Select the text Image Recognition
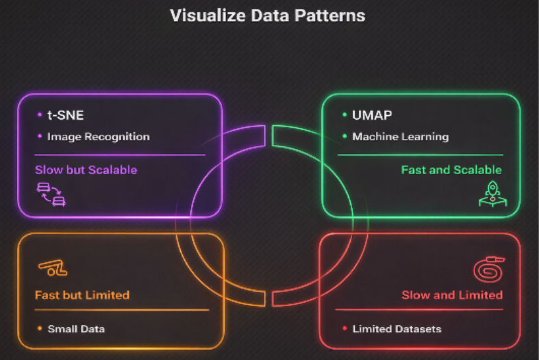pos(98,136)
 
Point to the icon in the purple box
pos(51,194)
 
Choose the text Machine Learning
pos(400,136)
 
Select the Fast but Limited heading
pos(82,295)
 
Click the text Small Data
pos(76,329)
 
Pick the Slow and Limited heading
pos(451,295)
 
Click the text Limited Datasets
pos(397,329)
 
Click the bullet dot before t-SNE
pos(39,115)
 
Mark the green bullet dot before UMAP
pos(344,115)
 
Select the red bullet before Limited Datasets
pos(344,329)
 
